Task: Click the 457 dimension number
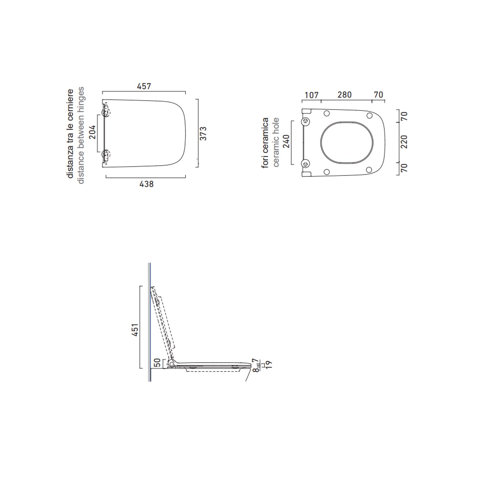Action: pyautogui.click(x=144, y=86)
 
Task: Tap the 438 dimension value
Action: pyautogui.click(x=146, y=184)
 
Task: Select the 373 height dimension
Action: pyautogui.click(x=203, y=133)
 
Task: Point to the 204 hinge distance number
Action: pyautogui.click(x=92, y=132)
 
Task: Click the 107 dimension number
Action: pyautogui.click(x=311, y=95)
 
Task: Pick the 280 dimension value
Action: pyautogui.click(x=345, y=95)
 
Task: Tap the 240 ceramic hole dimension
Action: pyautogui.click(x=286, y=142)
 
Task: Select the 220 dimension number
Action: pyautogui.click(x=404, y=142)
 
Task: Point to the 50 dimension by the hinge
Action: pyautogui.click(x=157, y=362)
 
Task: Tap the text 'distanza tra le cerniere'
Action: pyautogui.click(x=70, y=133)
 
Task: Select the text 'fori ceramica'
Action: pyautogui.click(x=265, y=143)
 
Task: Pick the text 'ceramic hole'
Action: pyautogui.click(x=276, y=142)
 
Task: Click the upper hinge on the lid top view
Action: pyautogui.click(x=105, y=112)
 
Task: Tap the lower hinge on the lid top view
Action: pyautogui.click(x=105, y=155)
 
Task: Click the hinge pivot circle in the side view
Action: pyautogui.click(x=172, y=363)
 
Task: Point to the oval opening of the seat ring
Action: pyautogui.click(x=346, y=141)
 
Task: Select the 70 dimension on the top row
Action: pyautogui.click(x=378, y=95)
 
